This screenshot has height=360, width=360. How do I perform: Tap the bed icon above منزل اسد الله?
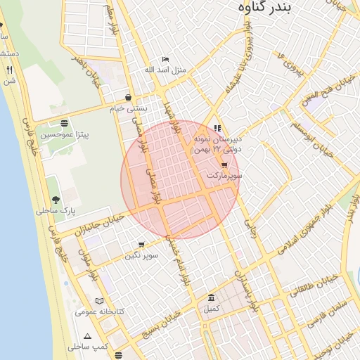[165, 59]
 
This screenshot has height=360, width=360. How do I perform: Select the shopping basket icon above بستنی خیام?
[127, 97]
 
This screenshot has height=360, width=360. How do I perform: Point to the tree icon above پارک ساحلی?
[56, 200]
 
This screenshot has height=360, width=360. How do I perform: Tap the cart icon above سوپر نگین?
[141, 245]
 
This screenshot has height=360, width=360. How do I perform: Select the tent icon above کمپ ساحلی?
[87, 336]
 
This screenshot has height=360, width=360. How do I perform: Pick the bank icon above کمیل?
[212, 297]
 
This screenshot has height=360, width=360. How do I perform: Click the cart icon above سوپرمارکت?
[224, 164]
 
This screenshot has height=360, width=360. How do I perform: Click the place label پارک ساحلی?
[56, 210]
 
